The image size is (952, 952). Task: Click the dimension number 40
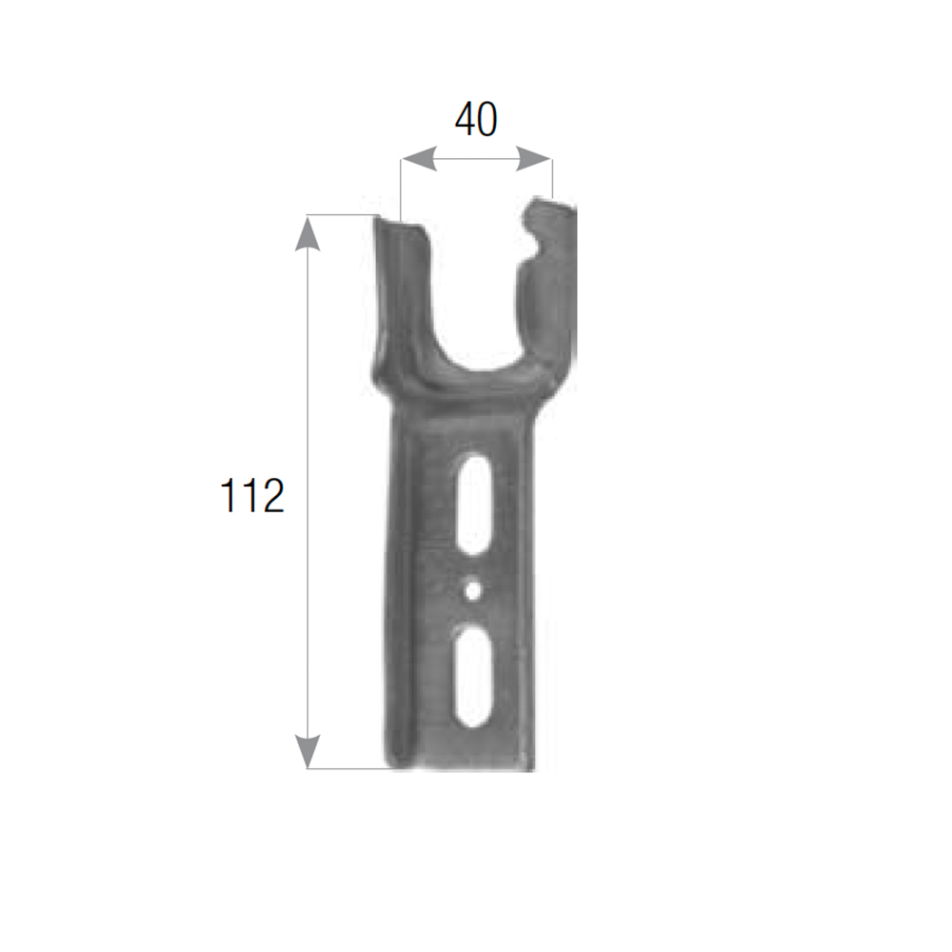point(476,119)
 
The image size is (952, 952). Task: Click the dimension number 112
point(251,495)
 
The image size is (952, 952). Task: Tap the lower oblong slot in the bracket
point(474,675)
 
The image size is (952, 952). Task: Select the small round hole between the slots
point(473,589)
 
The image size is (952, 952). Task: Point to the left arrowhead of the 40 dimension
point(419,159)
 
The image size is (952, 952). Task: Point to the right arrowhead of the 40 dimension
point(534,159)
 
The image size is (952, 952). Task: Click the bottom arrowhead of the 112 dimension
point(307,751)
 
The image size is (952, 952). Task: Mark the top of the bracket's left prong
point(398,224)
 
